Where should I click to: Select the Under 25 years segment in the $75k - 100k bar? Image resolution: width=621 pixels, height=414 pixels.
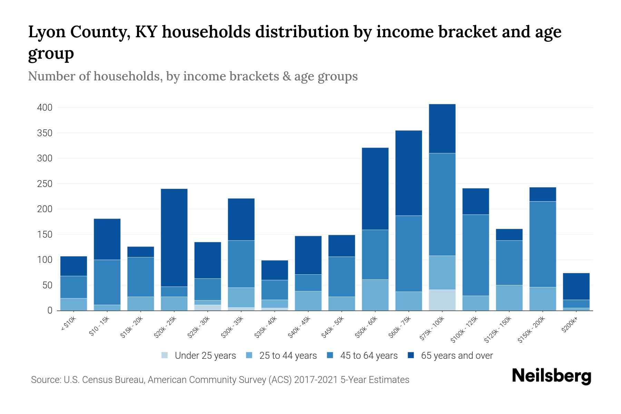tap(442, 300)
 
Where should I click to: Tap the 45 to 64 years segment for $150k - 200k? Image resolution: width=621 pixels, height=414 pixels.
tap(543, 244)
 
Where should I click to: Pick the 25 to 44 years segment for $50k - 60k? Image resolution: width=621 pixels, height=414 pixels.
tap(375, 295)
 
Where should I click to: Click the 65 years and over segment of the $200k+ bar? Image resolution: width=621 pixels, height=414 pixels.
tap(576, 286)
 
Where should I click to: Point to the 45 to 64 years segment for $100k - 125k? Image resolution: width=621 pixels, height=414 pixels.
tap(476, 255)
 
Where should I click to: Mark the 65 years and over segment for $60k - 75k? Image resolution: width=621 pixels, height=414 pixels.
tap(409, 173)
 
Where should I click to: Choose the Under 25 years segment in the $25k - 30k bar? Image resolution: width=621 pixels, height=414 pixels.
tap(208, 307)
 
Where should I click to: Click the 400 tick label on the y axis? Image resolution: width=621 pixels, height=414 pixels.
tap(45, 108)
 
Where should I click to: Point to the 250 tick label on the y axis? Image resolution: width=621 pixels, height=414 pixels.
tap(45, 184)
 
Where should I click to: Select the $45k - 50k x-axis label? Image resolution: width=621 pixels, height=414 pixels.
tap(333, 328)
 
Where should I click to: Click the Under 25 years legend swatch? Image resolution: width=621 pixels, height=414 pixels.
tap(165, 355)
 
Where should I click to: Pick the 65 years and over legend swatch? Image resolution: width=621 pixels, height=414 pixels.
tap(411, 355)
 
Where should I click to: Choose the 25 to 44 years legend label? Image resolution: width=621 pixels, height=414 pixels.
tap(288, 355)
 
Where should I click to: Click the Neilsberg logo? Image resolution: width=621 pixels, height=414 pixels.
tap(551, 376)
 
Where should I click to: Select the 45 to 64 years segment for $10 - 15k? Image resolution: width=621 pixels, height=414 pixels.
tap(107, 282)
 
